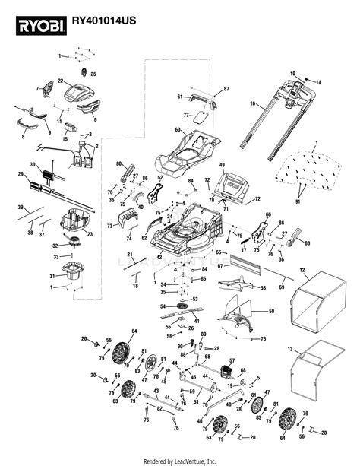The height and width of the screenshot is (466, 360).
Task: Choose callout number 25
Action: pyautogui.click(x=94, y=74)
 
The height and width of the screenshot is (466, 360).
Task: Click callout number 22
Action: pyautogui.click(x=60, y=81)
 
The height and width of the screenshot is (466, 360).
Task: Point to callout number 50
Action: pyautogui.click(x=272, y=312)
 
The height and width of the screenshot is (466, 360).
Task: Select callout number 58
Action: pyautogui.click(x=263, y=289)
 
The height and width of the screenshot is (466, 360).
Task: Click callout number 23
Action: pyautogui.click(x=90, y=235)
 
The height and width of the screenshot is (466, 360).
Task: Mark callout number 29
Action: pyautogui.click(x=21, y=174)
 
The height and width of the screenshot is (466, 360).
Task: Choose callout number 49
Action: pyautogui.click(x=223, y=165)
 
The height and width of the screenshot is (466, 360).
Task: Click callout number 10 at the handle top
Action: pyautogui.click(x=292, y=73)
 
